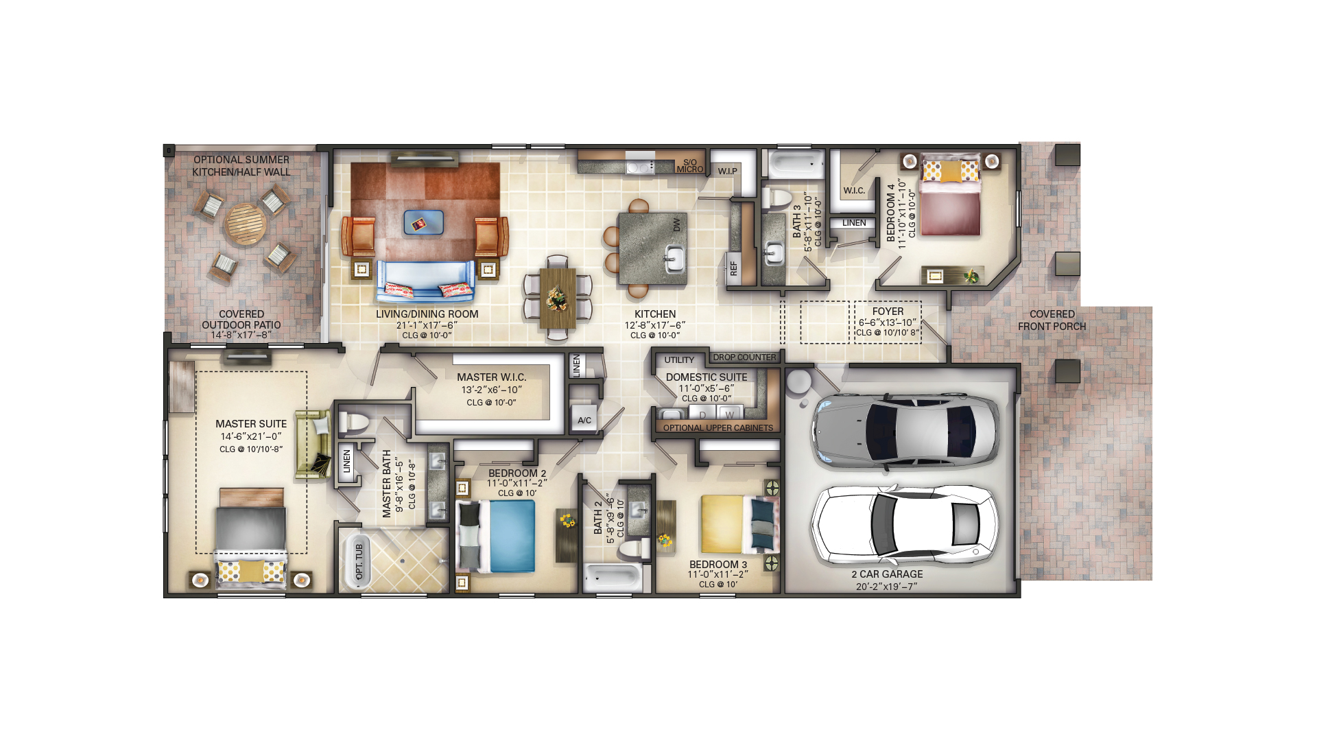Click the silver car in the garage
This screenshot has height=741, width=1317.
point(905,431)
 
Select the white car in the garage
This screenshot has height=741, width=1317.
point(905,524)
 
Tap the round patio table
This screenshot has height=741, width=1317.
point(245,224)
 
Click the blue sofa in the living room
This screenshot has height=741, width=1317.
point(425,281)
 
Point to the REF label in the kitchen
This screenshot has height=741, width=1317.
point(733,268)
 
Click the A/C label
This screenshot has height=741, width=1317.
point(584,421)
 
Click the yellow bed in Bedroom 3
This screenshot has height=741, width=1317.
point(739,524)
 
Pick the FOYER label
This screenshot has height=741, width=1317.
point(888,311)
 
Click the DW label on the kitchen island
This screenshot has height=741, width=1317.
point(676,225)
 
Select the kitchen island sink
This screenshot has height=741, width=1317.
point(673,259)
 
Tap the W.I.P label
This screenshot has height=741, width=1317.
point(728,172)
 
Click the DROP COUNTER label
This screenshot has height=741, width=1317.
point(744,357)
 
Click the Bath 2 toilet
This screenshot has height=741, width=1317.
point(634,549)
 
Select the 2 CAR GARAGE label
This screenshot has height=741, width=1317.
point(887,574)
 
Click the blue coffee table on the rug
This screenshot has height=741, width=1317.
point(423,222)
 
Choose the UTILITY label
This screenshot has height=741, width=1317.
point(679,360)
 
